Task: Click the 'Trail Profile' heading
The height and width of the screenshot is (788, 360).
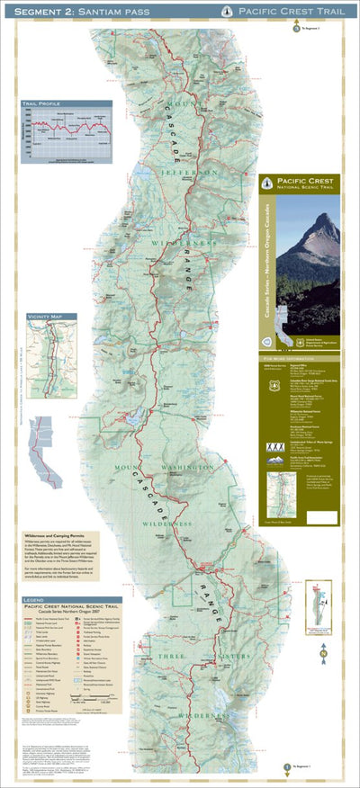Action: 43,105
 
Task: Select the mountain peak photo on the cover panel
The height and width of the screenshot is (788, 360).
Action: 308,261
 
